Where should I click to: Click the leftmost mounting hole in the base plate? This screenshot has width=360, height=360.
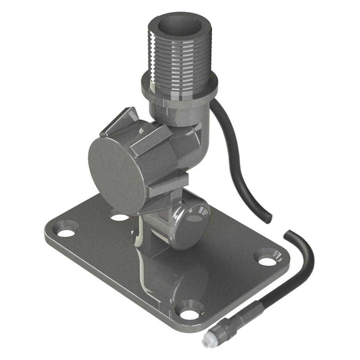66,233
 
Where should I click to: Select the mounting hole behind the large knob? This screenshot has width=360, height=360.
120,217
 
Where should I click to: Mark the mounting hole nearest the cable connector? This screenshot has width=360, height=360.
190,314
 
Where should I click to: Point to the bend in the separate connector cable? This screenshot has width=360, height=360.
306,259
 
